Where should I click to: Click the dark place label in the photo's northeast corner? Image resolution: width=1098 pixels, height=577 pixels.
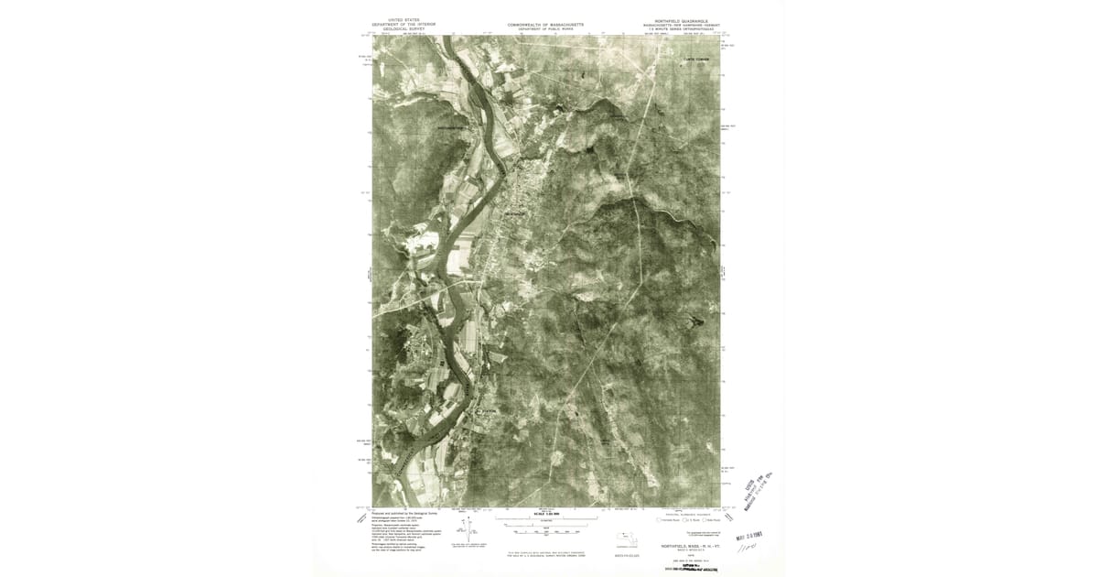tap(695, 60)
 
